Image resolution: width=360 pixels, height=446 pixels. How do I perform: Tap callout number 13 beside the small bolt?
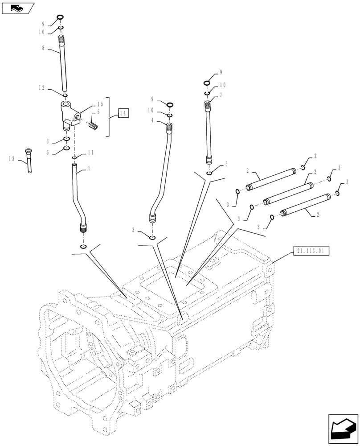pos(12,158)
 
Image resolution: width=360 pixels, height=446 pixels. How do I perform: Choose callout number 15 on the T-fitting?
pos(100,105)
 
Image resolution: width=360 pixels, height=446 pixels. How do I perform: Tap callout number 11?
pos(91,153)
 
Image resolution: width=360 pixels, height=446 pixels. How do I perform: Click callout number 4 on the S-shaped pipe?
pos(152,120)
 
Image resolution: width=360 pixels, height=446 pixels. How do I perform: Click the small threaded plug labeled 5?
pos(93,127)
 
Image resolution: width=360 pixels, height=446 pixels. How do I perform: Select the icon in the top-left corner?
pos(18,8)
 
